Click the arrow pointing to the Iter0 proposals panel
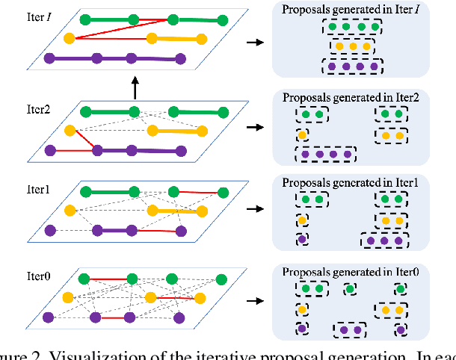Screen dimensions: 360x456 click(x=256, y=302)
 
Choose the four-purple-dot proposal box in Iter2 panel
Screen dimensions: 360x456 click(x=325, y=155)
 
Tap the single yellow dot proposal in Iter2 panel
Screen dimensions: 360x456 click(x=302, y=136)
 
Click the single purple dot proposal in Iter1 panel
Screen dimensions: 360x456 click(x=302, y=240)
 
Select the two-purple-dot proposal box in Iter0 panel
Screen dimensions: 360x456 click(x=350, y=329)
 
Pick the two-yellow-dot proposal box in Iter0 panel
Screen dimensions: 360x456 click(x=393, y=308)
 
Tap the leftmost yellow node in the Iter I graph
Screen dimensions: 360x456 click(x=70, y=37)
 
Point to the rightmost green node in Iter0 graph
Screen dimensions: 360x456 click(x=221, y=279)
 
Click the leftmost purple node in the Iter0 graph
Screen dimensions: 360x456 click(x=50, y=317)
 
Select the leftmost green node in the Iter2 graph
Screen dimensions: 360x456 click(x=86, y=112)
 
